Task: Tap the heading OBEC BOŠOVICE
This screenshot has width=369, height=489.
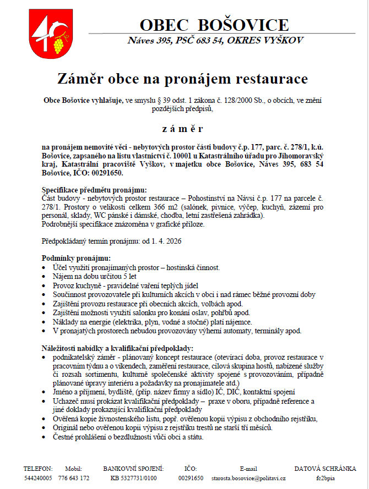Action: pos(214,25)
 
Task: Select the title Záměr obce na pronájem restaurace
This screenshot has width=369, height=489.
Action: pos(183,79)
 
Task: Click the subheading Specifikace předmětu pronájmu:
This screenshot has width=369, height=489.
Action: pos(87,190)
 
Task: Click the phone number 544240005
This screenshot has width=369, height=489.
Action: pos(38,478)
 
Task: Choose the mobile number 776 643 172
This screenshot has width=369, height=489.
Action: pos(74,478)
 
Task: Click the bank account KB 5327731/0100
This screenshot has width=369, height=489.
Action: pos(134,478)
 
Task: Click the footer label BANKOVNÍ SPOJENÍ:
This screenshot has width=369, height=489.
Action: pos(134,469)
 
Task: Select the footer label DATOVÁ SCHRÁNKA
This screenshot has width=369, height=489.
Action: pos(325,469)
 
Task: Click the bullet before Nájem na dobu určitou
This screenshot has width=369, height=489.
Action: pos(45,277)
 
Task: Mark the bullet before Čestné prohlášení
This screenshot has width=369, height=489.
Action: pos(45,437)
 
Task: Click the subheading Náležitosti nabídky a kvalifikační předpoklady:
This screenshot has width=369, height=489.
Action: pos(117,348)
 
